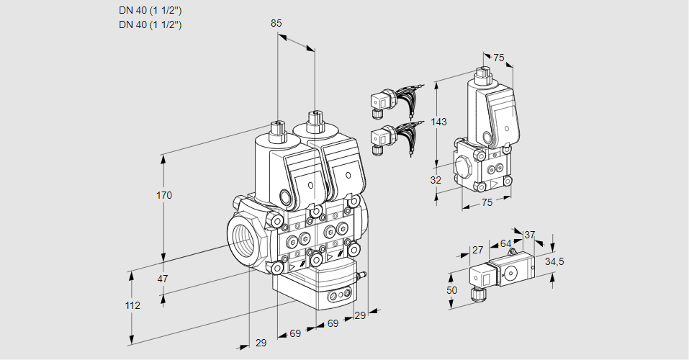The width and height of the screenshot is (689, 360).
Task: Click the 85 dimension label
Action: (276, 23)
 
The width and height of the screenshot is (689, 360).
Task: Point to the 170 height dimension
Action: (165, 195)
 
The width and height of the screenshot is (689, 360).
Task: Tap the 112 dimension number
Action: (132, 305)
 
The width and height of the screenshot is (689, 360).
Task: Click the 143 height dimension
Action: (439, 122)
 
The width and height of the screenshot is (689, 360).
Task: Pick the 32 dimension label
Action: (436, 180)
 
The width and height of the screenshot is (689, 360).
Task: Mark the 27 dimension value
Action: (477, 250)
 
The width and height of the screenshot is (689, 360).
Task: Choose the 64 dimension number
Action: (505, 244)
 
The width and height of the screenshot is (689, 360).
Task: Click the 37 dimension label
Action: (530, 235)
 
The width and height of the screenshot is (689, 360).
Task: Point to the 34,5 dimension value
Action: (554, 261)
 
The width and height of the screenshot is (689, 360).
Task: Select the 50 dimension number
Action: (452, 289)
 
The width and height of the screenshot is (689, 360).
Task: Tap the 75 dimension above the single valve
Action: (499, 58)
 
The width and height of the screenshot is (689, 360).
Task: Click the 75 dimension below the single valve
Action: (487, 203)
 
